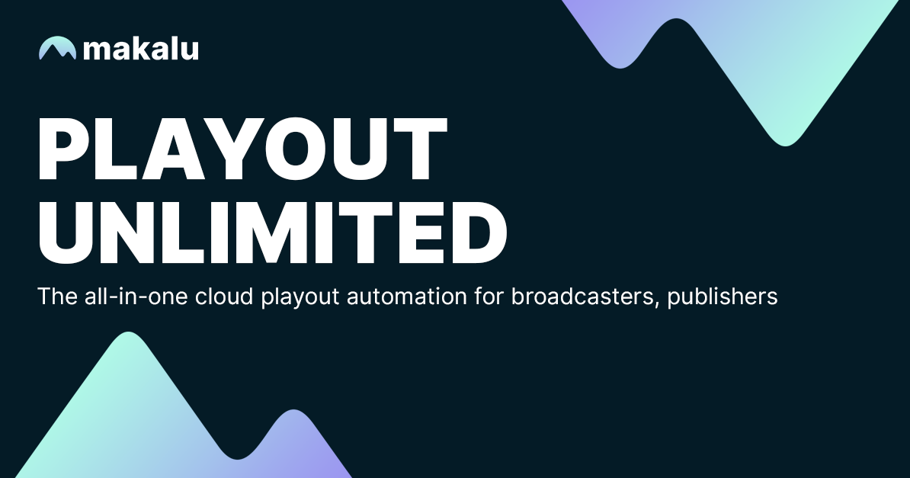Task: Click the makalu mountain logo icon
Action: [57, 48]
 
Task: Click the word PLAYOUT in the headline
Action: [243, 149]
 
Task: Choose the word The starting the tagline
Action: [53, 296]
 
